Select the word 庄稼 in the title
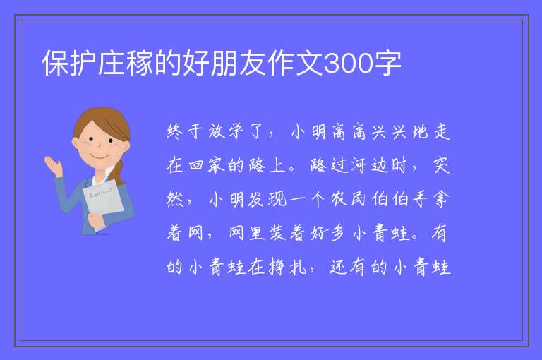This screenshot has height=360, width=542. click(x=126, y=63)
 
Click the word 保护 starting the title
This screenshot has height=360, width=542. click(x=70, y=63)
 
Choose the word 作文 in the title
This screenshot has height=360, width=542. click(x=295, y=63)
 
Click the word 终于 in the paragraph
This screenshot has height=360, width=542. click(x=185, y=132)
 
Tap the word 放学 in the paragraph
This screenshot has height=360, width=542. click(x=225, y=132)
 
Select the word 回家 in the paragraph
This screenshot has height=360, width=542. click(x=206, y=165)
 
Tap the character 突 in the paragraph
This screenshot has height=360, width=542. click(x=441, y=165)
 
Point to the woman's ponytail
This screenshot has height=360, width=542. click(x=119, y=172)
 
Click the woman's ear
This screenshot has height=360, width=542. click(x=76, y=143)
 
